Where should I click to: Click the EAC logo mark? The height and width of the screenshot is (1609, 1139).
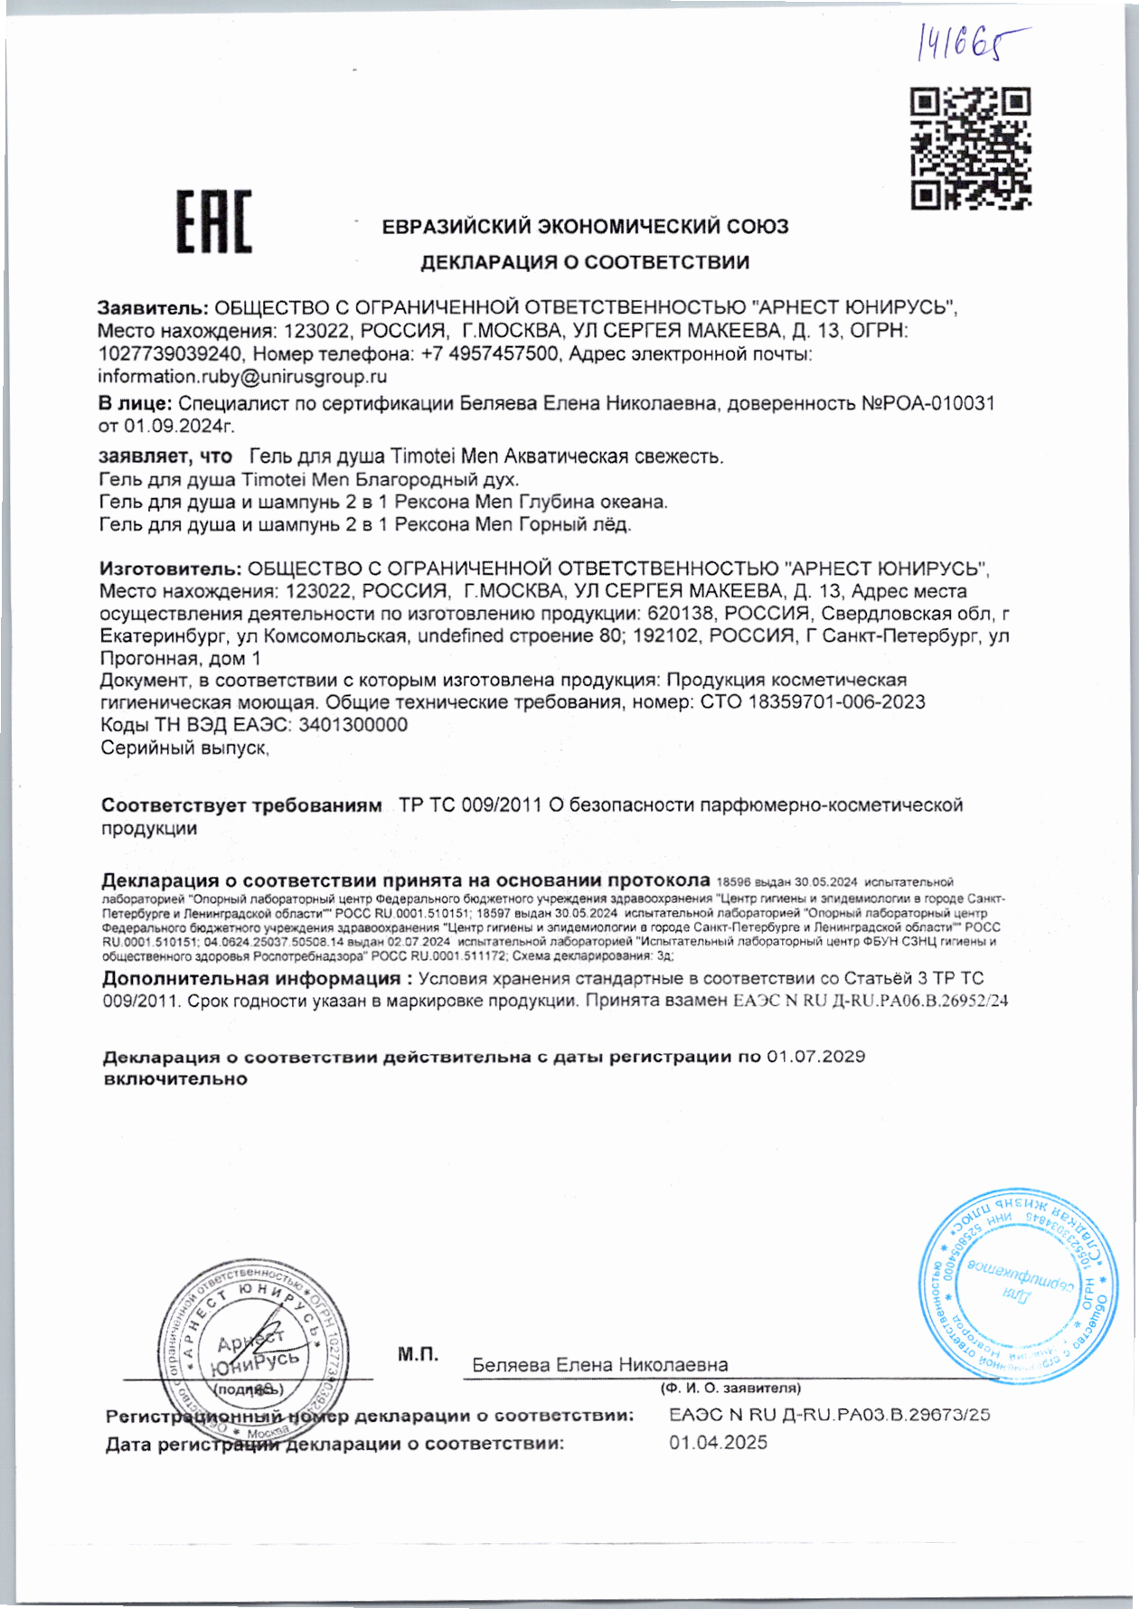pyautogui.click(x=213, y=221)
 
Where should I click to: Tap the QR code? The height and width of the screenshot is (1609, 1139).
pyautogui.click(x=970, y=148)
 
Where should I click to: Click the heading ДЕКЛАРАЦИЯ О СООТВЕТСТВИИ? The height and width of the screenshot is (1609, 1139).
pyautogui.click(x=585, y=263)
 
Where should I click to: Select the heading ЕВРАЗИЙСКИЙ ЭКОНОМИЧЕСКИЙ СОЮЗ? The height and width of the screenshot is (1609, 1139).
pyautogui.click(x=585, y=227)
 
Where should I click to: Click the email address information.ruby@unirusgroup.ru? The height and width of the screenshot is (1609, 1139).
pyautogui.click(x=242, y=377)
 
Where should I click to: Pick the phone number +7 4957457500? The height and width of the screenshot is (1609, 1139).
pyautogui.click(x=490, y=353)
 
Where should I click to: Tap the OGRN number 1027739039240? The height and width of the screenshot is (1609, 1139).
pyautogui.click(x=170, y=353)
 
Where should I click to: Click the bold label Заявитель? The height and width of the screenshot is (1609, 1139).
pyautogui.click(x=153, y=307)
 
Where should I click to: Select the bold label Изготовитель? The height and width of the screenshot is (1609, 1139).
pyautogui.click(x=170, y=569)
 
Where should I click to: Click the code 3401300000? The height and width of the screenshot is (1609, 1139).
pyautogui.click(x=353, y=725)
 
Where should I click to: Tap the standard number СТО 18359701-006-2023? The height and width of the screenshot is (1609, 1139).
pyautogui.click(x=813, y=702)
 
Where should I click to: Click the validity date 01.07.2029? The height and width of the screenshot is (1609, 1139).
pyautogui.click(x=815, y=1057)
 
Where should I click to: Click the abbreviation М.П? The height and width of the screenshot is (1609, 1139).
pyautogui.click(x=418, y=1354)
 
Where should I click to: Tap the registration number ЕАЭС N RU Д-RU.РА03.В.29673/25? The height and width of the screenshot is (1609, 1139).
pyautogui.click(x=829, y=1415)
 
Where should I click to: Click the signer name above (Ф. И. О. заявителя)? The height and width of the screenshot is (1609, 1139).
pyautogui.click(x=599, y=1365)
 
